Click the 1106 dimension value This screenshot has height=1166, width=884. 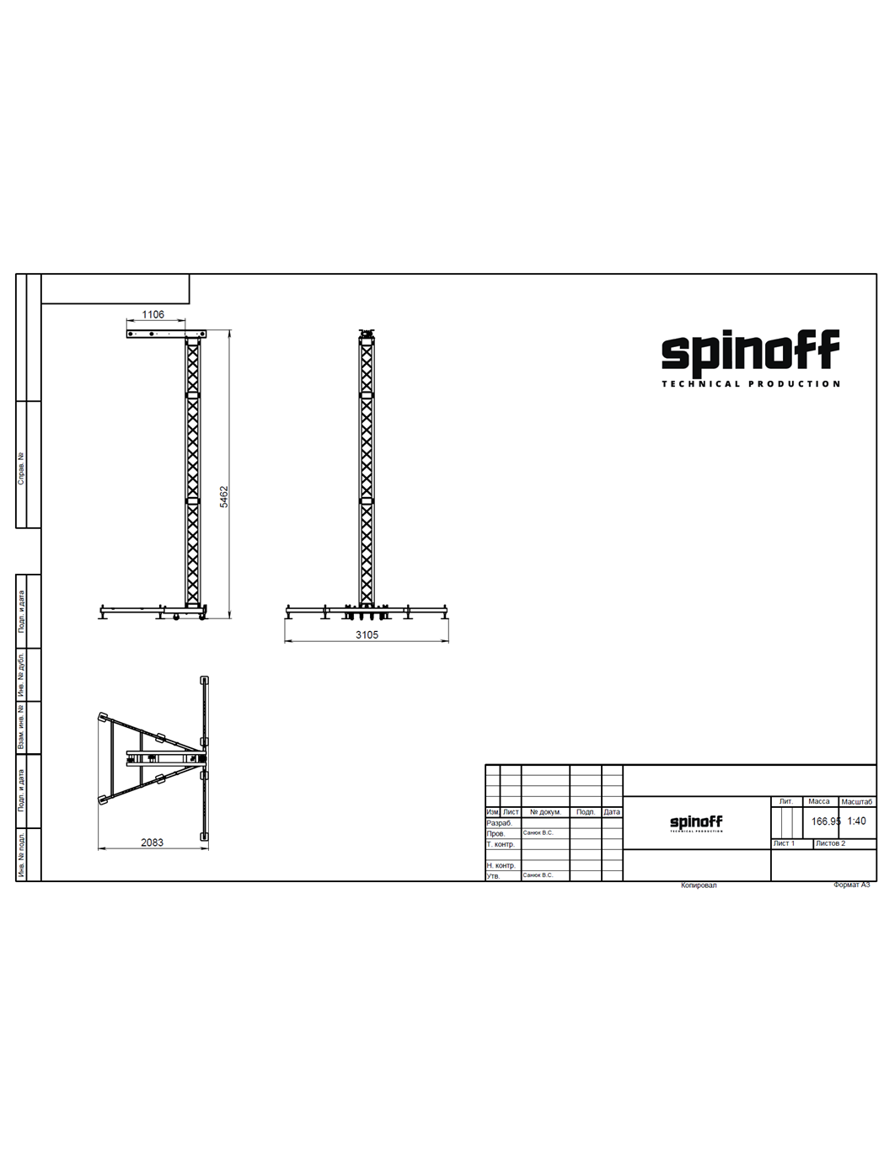coord(153,314)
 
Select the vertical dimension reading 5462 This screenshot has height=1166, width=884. coord(224,496)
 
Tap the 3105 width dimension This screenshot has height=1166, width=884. coord(367,634)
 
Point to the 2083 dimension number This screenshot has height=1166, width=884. coord(152,842)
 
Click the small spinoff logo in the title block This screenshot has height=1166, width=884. coord(696,822)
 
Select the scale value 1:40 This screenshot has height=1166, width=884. coord(856,821)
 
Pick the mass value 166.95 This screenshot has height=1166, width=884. coord(825,821)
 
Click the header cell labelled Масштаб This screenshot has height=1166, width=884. coord(856,802)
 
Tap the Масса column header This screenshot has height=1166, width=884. coord(818,802)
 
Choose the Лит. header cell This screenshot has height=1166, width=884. coord(785,802)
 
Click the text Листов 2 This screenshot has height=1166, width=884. coord(830,843)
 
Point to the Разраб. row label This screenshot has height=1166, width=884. coord(499,823)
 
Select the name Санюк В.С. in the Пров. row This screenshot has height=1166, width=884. coord(538,833)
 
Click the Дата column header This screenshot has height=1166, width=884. coord(612,812)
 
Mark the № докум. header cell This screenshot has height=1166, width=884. coord(545,812)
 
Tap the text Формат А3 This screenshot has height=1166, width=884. coord(851,885)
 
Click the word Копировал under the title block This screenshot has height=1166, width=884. coord(699,885)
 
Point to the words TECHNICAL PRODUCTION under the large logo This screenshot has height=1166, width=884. coord(750,384)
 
